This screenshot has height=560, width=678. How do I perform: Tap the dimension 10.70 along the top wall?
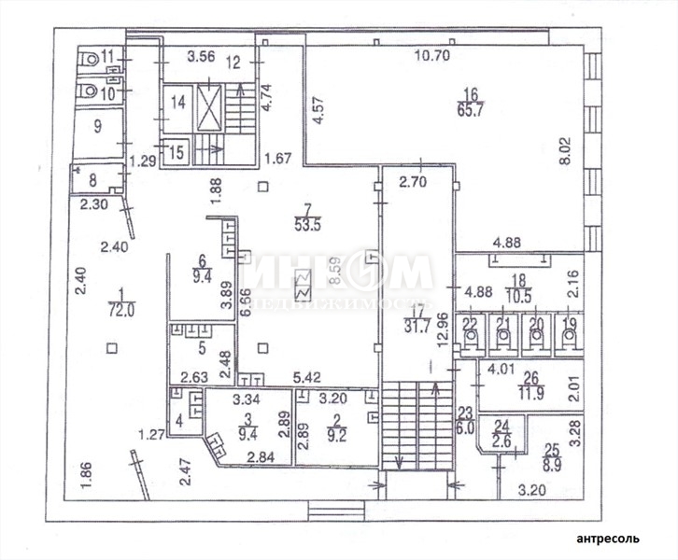pos(432,56)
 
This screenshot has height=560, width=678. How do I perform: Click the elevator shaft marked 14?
pos(177,103)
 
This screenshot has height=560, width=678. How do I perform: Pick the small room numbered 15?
pos(174,149)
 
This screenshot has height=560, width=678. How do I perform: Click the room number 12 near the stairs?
pos(233,63)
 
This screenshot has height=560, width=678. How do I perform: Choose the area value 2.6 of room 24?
pos(501,442)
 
